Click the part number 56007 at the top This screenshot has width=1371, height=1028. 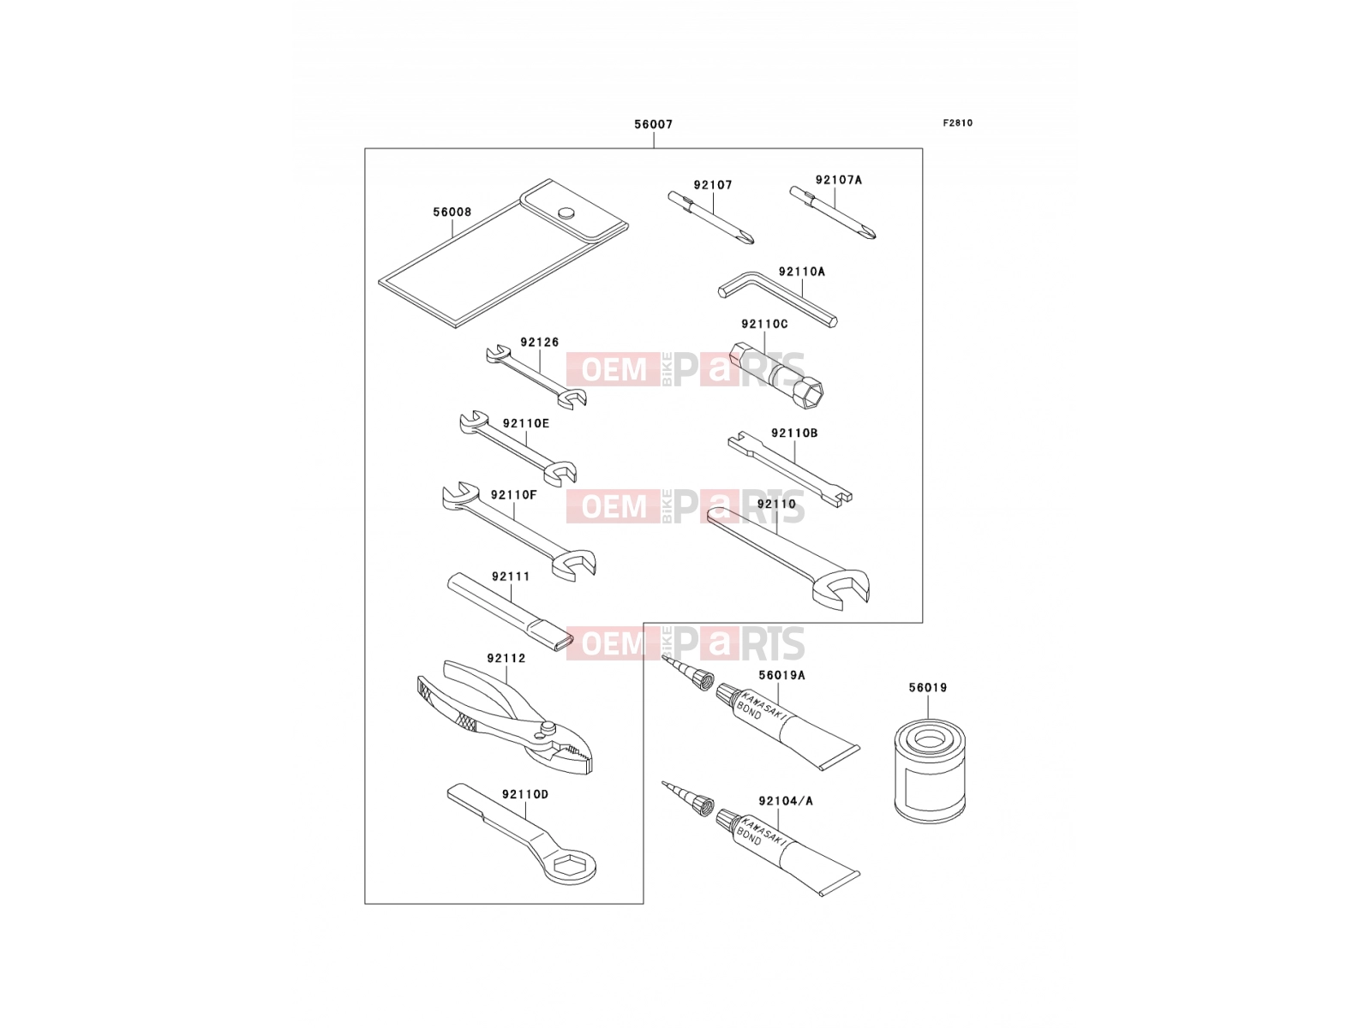(x=653, y=124)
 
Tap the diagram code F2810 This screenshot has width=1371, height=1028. (x=957, y=123)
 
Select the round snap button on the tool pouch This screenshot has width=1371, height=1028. (x=566, y=212)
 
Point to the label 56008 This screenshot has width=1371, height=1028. (x=452, y=212)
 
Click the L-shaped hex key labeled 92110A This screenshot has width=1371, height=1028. (x=777, y=298)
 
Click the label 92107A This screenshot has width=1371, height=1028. (x=838, y=180)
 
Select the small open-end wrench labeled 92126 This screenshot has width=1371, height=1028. (x=536, y=377)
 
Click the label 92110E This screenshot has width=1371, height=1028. (x=526, y=423)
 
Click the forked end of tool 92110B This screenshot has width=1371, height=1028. (x=842, y=499)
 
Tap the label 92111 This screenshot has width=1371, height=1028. (x=511, y=576)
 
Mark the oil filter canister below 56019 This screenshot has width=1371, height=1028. (x=930, y=772)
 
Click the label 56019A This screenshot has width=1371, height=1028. (x=782, y=675)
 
